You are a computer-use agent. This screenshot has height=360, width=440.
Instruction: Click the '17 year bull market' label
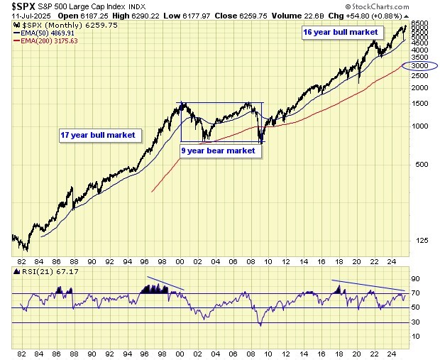click(x=97, y=135)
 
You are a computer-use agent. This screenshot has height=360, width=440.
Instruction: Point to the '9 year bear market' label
click(x=217, y=151)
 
